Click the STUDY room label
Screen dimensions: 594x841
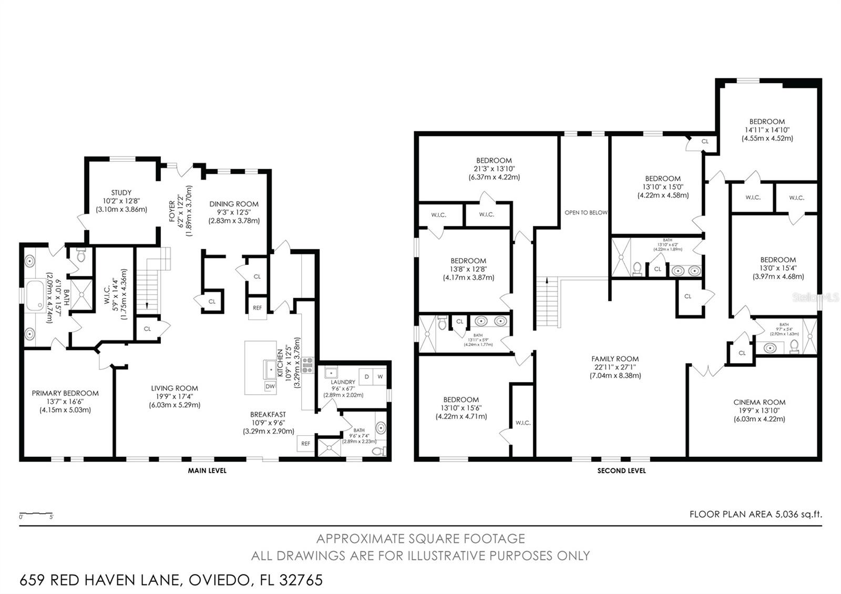point(121,193)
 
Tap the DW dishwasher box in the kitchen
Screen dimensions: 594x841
point(270,386)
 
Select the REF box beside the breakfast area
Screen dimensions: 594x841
point(306,444)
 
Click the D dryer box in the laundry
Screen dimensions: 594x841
point(367,377)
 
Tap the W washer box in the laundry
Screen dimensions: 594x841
point(380,377)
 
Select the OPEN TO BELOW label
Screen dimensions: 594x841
point(586,213)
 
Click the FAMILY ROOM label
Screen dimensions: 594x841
point(615,359)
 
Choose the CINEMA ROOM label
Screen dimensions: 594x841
point(760,402)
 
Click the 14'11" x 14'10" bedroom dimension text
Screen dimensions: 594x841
point(767,130)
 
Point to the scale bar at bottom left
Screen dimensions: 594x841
point(36,513)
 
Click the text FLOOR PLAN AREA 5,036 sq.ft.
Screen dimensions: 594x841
point(755,514)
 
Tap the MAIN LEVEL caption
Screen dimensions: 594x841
point(207,470)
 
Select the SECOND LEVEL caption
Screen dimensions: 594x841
point(621,470)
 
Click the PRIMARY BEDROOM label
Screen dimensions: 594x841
point(65,393)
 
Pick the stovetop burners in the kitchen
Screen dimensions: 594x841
point(307,365)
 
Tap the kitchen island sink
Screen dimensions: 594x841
point(271,369)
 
